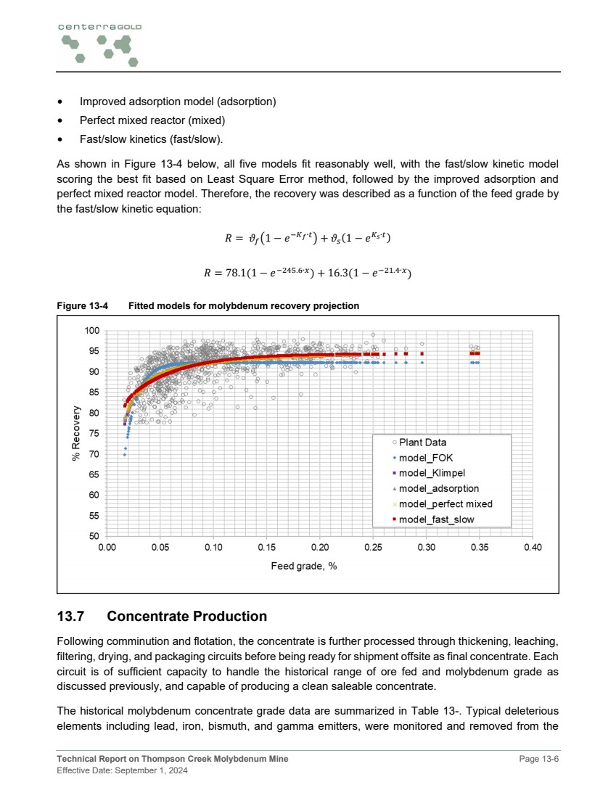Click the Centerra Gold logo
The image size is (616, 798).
pos(99,44)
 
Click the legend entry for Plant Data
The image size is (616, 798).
pos(422,443)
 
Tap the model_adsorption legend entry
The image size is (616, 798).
pos(438,488)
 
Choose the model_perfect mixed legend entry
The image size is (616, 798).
pos(445,503)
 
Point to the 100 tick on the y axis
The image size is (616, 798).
pos(91,331)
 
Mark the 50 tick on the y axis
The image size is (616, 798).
pos(94,536)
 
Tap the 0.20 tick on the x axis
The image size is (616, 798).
pos(320,548)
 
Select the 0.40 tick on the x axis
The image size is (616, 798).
pos(533,548)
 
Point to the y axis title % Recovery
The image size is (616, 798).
pos(76,434)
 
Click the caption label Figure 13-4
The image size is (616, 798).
pos(82,306)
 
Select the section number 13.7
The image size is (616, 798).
pos(73,617)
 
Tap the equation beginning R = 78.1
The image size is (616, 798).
pos(308,273)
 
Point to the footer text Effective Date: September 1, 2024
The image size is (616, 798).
pos(122,770)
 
